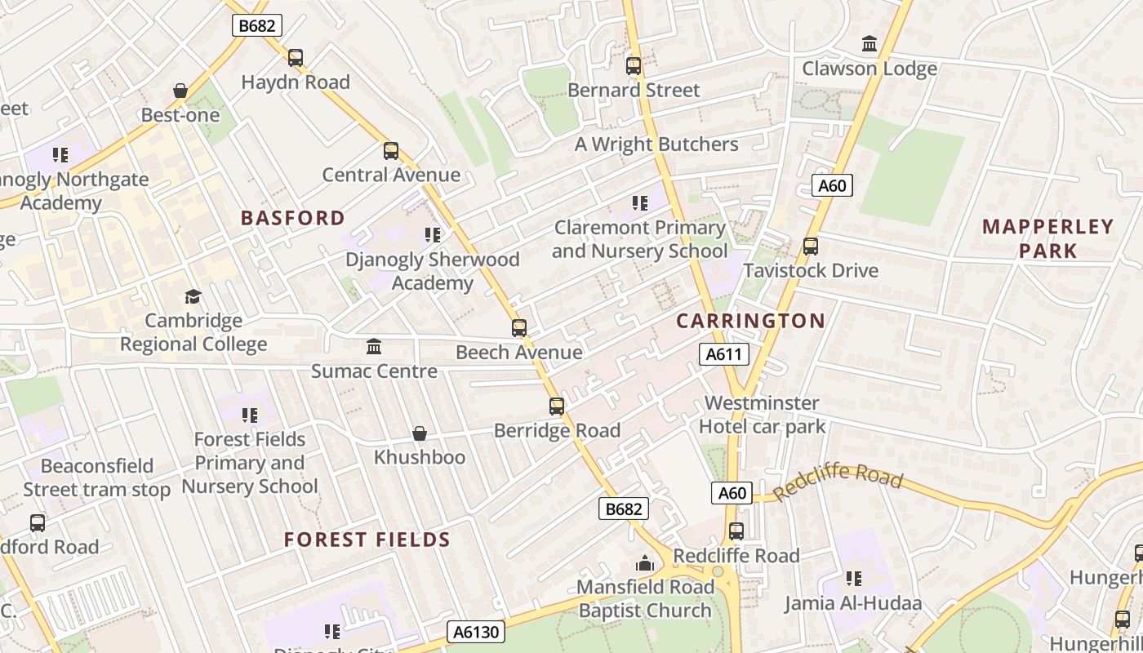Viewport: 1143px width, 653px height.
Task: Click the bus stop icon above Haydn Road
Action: click(x=296, y=58)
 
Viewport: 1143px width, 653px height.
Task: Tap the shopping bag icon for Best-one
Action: click(x=180, y=91)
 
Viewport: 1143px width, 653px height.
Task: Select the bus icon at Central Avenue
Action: click(x=391, y=151)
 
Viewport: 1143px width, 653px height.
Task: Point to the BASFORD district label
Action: click(x=293, y=218)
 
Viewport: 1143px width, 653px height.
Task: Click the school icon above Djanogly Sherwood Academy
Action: click(x=433, y=235)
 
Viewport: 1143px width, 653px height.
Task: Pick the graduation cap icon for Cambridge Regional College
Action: click(x=193, y=296)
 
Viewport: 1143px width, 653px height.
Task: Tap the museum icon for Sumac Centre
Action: click(x=374, y=347)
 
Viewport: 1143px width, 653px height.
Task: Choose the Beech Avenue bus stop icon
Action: click(x=519, y=328)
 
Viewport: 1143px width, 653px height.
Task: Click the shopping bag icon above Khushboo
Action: click(x=420, y=433)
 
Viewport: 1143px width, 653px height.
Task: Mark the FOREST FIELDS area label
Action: click(x=367, y=540)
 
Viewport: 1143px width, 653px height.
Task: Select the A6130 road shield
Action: click(x=476, y=632)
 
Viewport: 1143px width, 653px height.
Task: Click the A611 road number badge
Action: click(x=724, y=354)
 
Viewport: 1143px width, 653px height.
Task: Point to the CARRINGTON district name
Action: click(x=750, y=321)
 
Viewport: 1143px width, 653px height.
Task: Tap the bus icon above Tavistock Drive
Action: click(x=811, y=247)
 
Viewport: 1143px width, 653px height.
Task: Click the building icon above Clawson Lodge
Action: click(x=869, y=43)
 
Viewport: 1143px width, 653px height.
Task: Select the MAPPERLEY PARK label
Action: click(x=1047, y=238)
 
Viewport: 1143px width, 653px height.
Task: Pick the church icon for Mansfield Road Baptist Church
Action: click(x=645, y=563)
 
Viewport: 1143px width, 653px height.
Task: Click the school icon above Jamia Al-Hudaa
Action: click(x=854, y=579)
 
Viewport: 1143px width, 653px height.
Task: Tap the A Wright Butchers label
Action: click(x=656, y=144)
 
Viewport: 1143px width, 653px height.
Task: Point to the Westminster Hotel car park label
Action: click(x=762, y=415)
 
